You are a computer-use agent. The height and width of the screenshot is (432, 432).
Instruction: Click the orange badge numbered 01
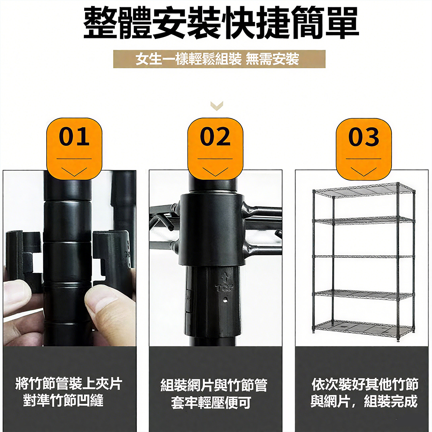tap(74, 149)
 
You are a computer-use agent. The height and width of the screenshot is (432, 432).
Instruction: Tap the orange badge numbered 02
tap(215, 149)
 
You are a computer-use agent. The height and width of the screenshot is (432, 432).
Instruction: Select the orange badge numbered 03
tap(364, 149)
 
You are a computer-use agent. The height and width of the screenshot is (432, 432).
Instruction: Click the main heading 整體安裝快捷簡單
tap(221, 22)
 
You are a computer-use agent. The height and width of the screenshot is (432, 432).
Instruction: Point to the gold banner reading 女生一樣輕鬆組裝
tap(219, 59)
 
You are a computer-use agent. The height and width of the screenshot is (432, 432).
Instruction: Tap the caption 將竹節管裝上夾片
tap(69, 383)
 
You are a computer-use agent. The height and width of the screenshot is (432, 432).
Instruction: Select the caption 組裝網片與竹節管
tap(214, 385)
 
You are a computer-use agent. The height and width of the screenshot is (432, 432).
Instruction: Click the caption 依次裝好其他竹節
tap(365, 384)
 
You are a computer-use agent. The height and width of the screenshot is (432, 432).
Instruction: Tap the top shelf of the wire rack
tap(364, 191)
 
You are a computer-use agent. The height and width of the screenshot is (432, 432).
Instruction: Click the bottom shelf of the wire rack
tap(364, 329)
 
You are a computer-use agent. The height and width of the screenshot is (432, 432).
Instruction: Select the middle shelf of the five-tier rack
tap(364, 257)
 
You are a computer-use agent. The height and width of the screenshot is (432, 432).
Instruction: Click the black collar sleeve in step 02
tap(212, 229)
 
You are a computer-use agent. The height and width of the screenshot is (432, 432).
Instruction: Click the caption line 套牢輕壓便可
tap(211, 403)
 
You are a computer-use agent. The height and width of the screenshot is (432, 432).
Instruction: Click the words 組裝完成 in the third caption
tap(391, 401)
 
